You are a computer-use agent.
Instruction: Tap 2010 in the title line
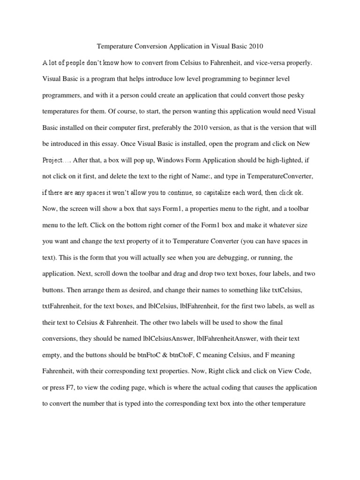click(255, 46)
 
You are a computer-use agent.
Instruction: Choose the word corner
click(172, 225)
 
